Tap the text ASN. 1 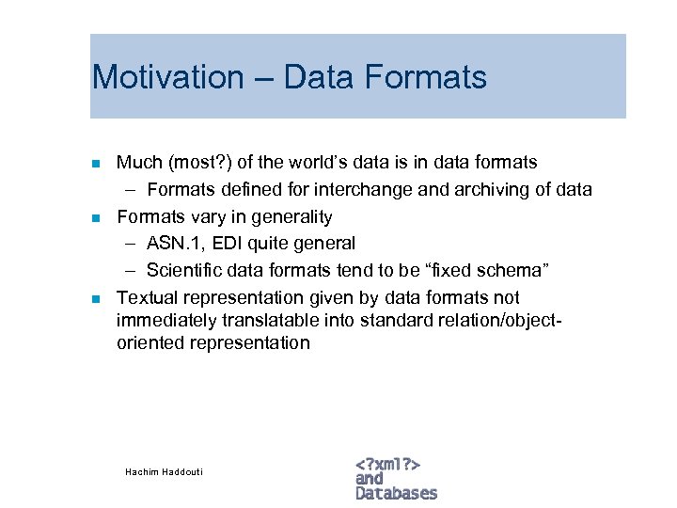(x=177, y=243)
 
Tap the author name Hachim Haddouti (x=164, y=471)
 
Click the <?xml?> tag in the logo (x=387, y=464)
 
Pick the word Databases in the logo (x=396, y=493)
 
